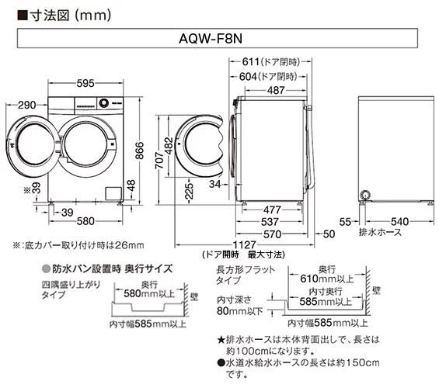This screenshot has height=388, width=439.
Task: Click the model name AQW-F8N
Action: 220,37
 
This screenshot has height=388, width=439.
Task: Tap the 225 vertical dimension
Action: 189,192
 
